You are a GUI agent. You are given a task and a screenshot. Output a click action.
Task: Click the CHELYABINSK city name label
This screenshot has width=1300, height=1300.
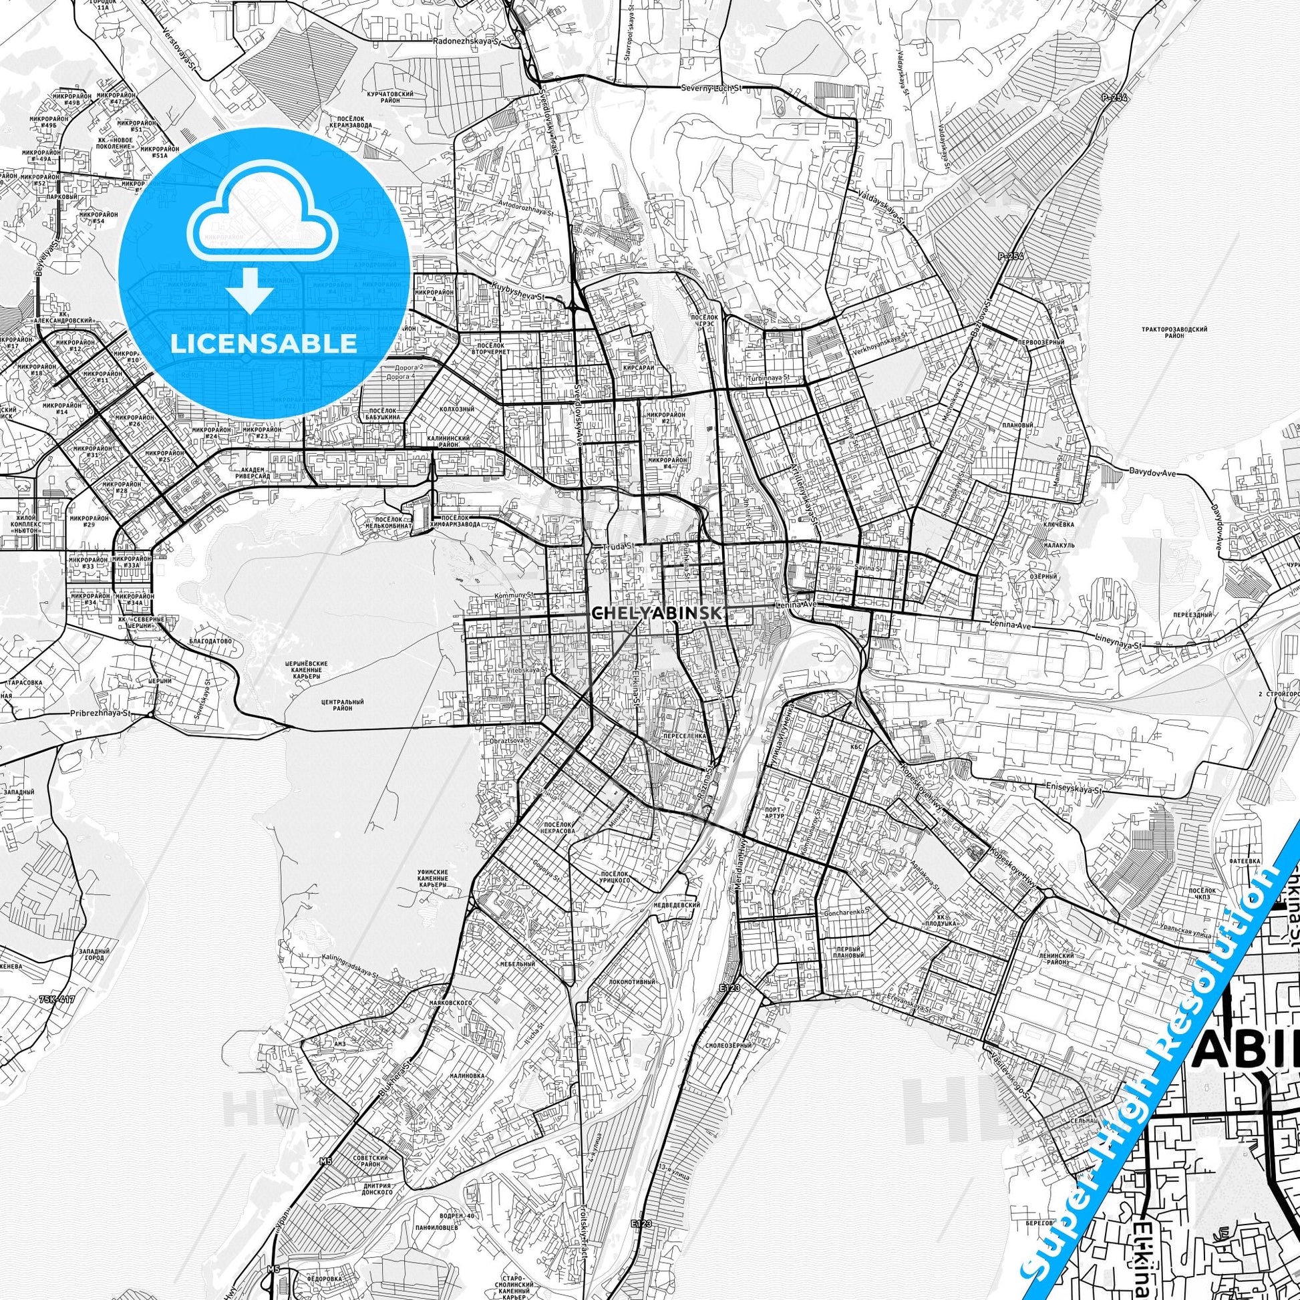(x=658, y=614)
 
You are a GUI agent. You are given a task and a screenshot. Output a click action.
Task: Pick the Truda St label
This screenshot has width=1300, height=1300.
(x=619, y=544)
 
